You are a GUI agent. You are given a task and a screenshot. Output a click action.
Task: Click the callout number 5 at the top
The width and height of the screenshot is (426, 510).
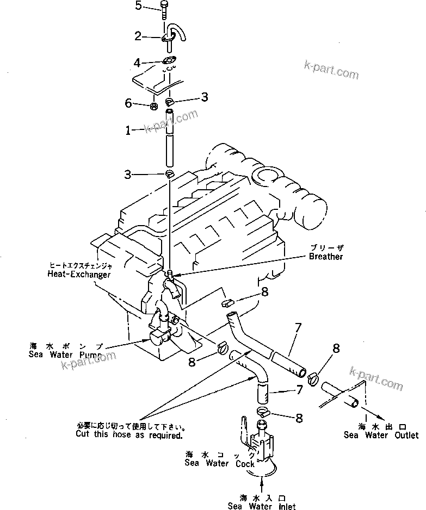pos(138,6)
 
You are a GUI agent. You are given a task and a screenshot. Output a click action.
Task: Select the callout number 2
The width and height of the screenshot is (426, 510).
pos(138,37)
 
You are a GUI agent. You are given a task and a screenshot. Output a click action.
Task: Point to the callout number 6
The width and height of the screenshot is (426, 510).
pos(128,102)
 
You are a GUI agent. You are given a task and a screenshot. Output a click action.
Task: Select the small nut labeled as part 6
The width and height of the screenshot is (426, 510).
pos(154,105)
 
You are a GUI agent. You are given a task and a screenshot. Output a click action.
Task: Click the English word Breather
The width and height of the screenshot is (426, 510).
pos(326,256)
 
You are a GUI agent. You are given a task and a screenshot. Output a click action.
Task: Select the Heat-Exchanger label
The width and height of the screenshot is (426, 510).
pos(78,275)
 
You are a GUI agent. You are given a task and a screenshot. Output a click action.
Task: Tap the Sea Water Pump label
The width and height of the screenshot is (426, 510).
pos(64,354)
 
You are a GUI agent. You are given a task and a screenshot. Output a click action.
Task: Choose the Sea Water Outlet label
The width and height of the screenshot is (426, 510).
pos(381,435)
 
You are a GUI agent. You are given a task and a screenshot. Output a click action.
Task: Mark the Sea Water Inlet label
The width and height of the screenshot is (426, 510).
pos(263,506)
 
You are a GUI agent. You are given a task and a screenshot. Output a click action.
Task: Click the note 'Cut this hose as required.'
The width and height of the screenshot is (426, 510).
pos(130,436)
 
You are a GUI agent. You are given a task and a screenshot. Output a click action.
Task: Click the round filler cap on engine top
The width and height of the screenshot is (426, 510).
pos(268,176)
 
